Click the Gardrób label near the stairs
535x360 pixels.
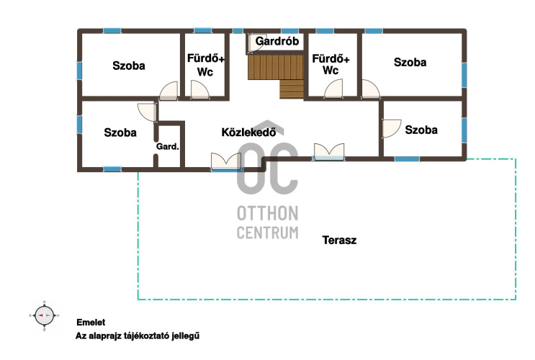[277, 41]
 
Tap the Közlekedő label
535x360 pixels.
[248, 132]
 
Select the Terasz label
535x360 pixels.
[339, 240]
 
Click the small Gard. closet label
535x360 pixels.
[168, 147]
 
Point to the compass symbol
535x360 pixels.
[44, 315]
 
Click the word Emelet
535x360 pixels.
[91, 323]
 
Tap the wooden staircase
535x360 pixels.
[276, 76]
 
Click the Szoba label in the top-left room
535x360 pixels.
[129, 66]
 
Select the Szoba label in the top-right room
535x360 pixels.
[410, 62]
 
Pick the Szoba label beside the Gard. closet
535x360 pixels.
[120, 132]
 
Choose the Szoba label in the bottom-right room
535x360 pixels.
[421, 130]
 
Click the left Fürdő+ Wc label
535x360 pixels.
[205, 65]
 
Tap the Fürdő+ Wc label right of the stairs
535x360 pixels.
[331, 64]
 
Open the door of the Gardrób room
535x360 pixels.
[256, 42]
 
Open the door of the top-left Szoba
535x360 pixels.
[169, 91]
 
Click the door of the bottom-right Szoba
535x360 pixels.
[392, 128]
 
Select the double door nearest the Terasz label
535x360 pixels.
[329, 152]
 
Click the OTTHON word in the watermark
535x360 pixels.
[268, 213]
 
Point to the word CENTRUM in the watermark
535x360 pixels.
[268, 233]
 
